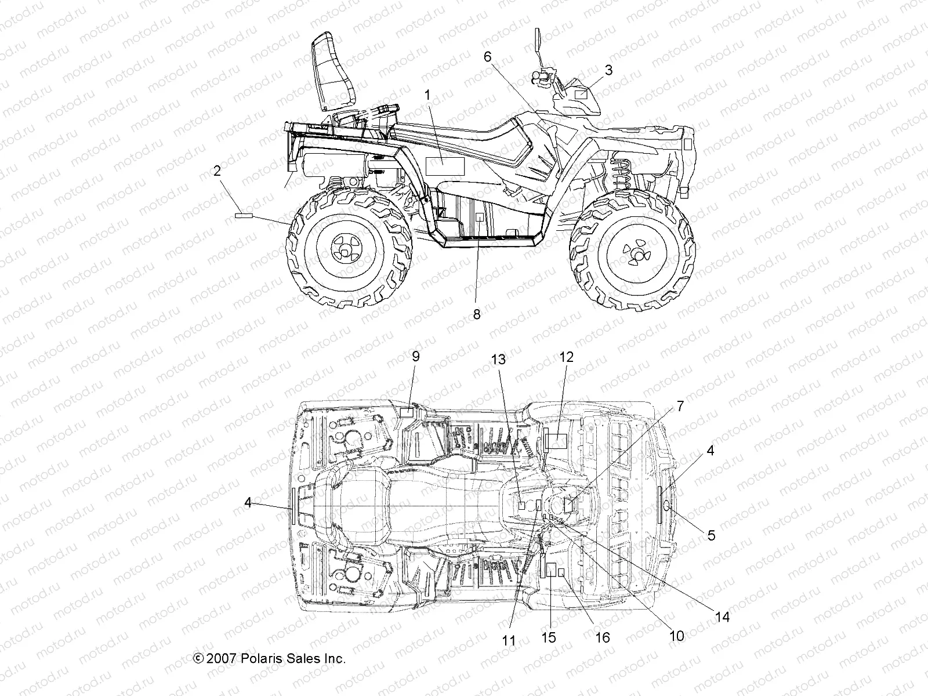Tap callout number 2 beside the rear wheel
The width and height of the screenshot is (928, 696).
(x=217, y=171)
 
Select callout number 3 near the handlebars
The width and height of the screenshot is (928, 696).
(x=608, y=70)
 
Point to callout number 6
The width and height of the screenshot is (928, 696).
(x=487, y=56)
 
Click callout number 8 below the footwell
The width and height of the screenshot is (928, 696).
(x=477, y=314)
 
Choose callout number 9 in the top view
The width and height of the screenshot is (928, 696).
(x=415, y=356)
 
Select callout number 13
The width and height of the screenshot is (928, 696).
(x=498, y=360)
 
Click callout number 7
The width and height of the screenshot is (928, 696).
(x=680, y=406)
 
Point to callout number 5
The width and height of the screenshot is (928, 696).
(x=711, y=535)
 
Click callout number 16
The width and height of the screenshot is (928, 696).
(x=603, y=637)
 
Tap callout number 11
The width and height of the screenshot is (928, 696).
(x=509, y=640)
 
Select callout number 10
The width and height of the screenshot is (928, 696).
(x=677, y=636)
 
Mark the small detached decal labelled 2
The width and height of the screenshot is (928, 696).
(x=244, y=215)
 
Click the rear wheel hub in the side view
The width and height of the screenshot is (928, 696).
(x=343, y=249)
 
